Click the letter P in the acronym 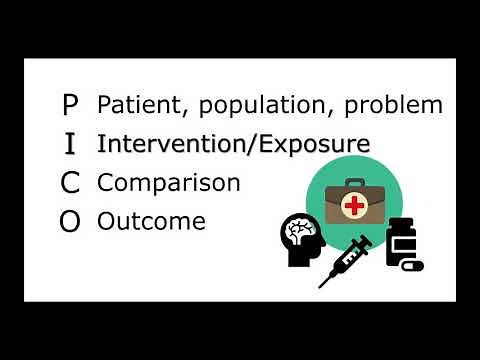pyautogui.click(x=69, y=104)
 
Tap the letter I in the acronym pyautogui.click(x=69, y=144)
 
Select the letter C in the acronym pyautogui.click(x=69, y=183)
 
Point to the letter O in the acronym pyautogui.click(x=69, y=222)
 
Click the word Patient pyautogui.click(x=134, y=104)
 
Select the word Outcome pyautogui.click(x=151, y=221)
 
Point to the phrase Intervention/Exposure pyautogui.click(x=233, y=144)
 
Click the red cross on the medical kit pyautogui.click(x=353, y=207)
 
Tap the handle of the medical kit pyautogui.click(x=353, y=184)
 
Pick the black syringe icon pyautogui.click(x=346, y=259)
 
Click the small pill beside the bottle pyautogui.click(x=412, y=266)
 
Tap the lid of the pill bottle pyautogui.click(x=401, y=223)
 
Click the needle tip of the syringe pyautogui.click(x=322, y=285)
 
